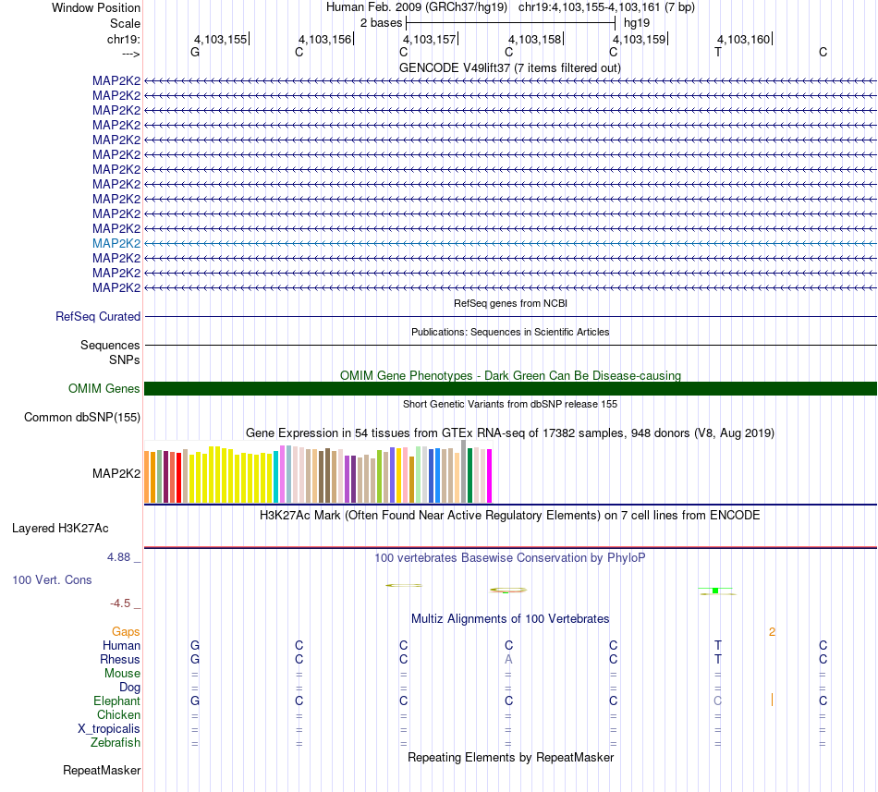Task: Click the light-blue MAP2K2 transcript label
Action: tap(116, 243)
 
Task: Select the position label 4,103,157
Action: tap(430, 40)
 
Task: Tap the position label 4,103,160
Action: tap(743, 40)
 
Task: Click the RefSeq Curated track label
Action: tap(98, 316)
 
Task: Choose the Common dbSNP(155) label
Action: tap(82, 418)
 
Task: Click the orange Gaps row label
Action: tap(126, 631)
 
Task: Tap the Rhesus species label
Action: tap(120, 660)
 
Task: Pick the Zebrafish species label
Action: tap(116, 743)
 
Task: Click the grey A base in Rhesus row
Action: tap(508, 660)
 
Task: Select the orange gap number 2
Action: tap(772, 631)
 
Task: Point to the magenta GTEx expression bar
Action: tap(489, 476)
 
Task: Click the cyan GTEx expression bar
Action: tap(276, 477)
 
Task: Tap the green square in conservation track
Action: tap(715, 590)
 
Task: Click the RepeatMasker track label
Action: tap(102, 770)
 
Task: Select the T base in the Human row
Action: tap(718, 645)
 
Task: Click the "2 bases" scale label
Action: tap(381, 22)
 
